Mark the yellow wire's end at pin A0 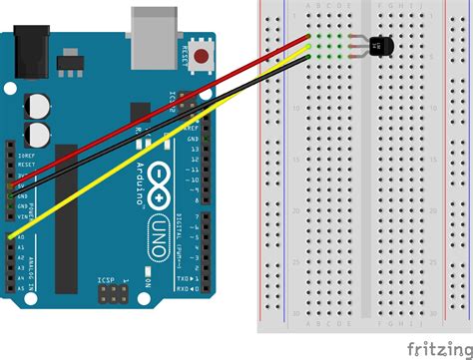pos(10,236)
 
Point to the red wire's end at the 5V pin pos(10,185)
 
